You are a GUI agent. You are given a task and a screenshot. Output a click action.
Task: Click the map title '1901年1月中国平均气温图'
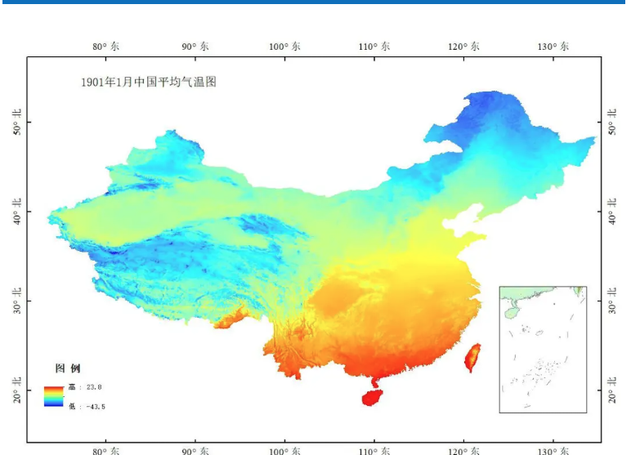pos(148,82)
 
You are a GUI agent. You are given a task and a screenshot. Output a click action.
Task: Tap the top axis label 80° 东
pos(105,47)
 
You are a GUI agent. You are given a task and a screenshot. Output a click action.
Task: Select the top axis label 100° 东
pos(284,47)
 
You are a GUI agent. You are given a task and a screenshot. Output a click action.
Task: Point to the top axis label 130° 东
pos(553,47)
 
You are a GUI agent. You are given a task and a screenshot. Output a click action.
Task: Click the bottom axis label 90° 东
pos(195,450)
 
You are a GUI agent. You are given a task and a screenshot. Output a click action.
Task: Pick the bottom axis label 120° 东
pos(464,450)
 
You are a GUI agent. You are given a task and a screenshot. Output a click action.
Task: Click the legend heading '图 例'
pos(67,368)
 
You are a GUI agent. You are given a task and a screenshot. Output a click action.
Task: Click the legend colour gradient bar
pos(54,396)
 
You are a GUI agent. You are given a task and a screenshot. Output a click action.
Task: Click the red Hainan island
pos(373,398)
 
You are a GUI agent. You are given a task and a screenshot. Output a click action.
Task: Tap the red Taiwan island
pos(472,357)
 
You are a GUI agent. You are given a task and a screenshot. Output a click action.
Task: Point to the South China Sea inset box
pos(543,349)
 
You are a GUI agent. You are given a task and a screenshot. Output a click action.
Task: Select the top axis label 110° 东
pos(374,47)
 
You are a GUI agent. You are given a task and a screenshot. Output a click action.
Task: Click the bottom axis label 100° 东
pos(284,450)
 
